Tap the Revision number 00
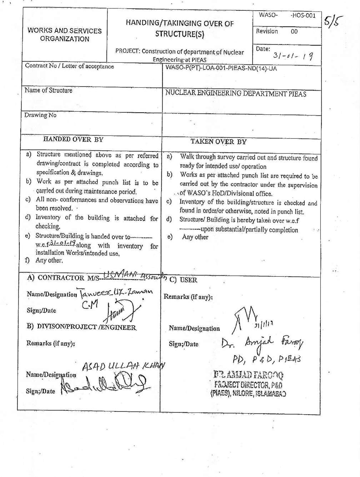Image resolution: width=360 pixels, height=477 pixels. (x=294, y=31)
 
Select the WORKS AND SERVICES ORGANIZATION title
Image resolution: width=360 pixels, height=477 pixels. (x=65, y=35)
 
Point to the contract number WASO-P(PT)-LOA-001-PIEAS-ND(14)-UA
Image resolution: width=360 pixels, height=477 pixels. (x=221, y=68)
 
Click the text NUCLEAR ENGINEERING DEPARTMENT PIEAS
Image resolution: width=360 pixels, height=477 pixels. (x=235, y=94)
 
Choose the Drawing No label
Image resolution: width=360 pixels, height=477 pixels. (x=40, y=115)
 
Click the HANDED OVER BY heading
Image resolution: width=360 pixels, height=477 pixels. (x=73, y=139)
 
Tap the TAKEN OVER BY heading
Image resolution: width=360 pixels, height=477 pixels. (x=218, y=142)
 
